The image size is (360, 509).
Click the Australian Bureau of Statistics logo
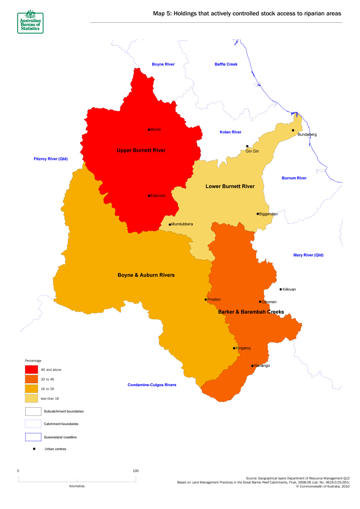pos(30,22)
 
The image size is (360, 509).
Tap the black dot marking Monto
pos(149,129)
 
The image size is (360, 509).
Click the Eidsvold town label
pos(158,196)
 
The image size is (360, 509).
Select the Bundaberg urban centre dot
pos(293,130)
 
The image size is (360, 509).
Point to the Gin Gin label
pos(252,151)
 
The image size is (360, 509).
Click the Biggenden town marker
pos(258,214)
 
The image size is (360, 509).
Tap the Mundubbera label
pos(182,224)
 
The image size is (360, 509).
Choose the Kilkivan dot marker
pos(281,289)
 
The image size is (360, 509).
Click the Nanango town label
pos(262,366)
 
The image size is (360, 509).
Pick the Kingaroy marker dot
pos(234,348)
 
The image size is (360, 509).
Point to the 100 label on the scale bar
pos(135,471)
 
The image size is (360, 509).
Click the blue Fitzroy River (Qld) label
pos(50,159)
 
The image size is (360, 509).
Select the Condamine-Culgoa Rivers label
pos(152,385)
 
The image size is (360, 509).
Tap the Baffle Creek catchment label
pos(226,64)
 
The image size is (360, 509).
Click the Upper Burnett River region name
pos(141,151)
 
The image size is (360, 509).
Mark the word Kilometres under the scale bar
pos(77,486)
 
